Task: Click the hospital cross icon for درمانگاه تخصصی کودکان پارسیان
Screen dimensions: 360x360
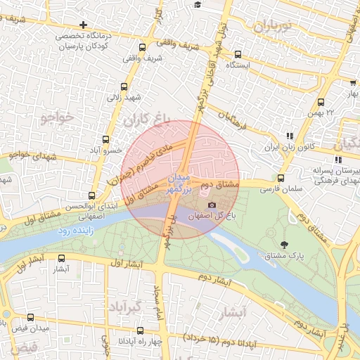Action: pos(84,25)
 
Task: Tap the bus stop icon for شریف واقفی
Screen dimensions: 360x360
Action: pos(143,48)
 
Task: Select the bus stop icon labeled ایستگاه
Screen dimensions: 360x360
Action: pos(238,53)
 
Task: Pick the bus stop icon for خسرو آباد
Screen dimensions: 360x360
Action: pos(105,139)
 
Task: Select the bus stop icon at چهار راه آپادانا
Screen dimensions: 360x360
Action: pos(141,330)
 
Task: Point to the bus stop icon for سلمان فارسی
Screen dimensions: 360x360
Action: pos(281,179)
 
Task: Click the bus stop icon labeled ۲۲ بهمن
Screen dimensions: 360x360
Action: pos(321,103)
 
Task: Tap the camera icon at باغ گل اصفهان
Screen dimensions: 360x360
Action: pos(212,205)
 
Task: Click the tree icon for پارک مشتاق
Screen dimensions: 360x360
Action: pos(284,245)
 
